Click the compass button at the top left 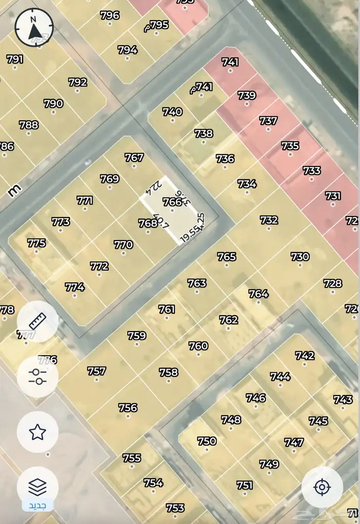point(34,28)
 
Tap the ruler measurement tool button point(38,322)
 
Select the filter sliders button point(38,377)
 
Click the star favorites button point(38,432)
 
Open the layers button point(38,486)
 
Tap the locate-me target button point(322,487)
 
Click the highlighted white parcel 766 point(172,203)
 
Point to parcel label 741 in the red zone point(230,62)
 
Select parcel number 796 point(110,15)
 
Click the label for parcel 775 point(37,243)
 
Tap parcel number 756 point(128,408)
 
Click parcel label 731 point(333,196)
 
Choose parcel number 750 point(207,441)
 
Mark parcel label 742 point(304,356)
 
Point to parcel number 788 point(29,125)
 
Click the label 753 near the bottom point(175,508)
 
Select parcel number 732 point(269,220)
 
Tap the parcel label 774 point(75,287)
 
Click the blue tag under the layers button point(37,506)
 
